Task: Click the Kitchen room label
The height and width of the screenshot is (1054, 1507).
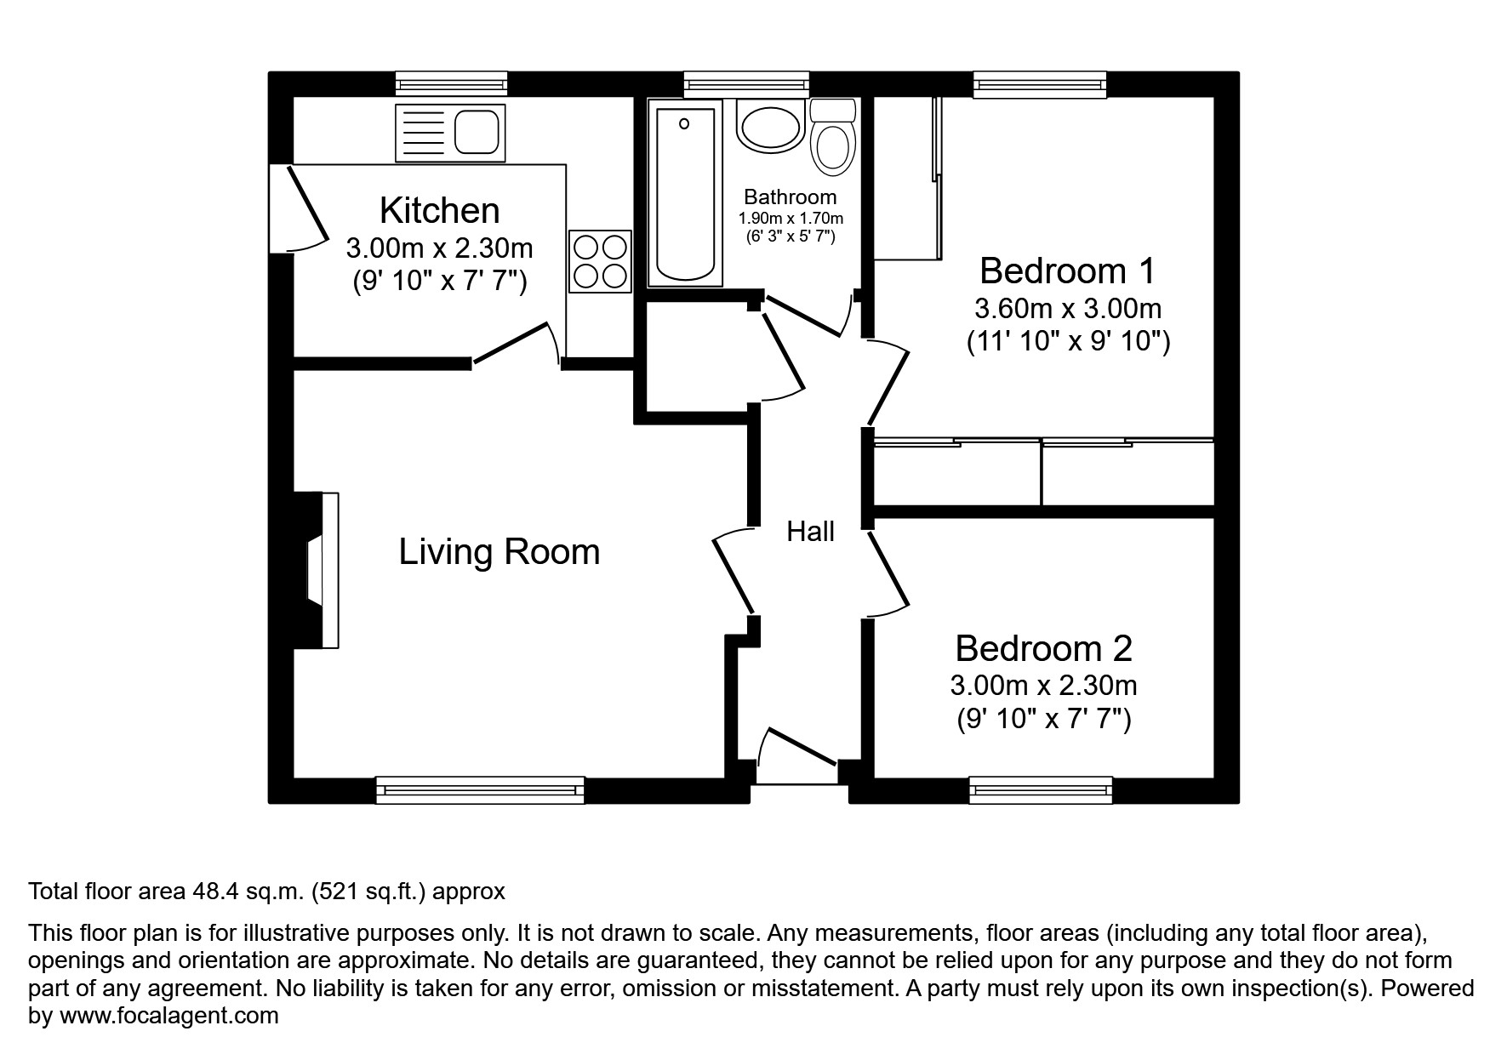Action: coord(439,210)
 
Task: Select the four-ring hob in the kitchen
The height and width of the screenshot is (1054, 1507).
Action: coord(600,261)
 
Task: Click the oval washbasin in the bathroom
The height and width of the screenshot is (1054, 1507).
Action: coord(770,128)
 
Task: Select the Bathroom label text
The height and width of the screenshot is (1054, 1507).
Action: coord(790,197)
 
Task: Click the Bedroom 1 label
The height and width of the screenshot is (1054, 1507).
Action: coord(1067,271)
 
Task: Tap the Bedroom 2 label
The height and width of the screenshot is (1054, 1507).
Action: coord(1043,648)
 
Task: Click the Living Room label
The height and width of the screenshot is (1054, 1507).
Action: coord(499,552)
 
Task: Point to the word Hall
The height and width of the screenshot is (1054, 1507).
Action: coord(810,532)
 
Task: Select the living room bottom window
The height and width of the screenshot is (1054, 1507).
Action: coord(480,790)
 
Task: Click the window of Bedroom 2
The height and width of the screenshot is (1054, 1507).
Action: coord(1041,790)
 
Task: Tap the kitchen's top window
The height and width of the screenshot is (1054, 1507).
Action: coord(452,83)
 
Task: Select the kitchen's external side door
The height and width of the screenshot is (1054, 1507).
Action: coord(300,207)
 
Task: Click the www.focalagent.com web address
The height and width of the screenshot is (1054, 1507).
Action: coord(168,1015)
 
